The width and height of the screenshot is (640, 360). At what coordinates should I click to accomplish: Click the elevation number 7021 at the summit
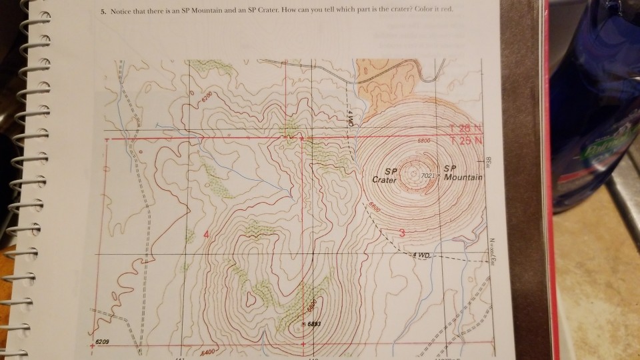point(429,175)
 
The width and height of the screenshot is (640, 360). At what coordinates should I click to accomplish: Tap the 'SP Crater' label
point(386,175)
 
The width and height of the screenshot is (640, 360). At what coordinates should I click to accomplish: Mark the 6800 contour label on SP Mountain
point(427,141)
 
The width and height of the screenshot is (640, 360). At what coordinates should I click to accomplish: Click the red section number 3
point(402,231)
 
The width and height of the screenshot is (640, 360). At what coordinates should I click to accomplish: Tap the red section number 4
point(206,234)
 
